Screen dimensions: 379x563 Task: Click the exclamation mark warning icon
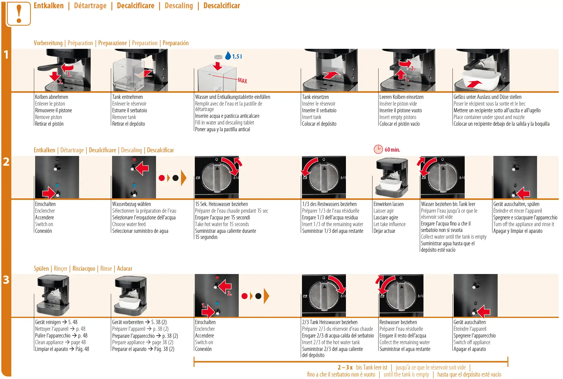pyautogui.click(x=19, y=14)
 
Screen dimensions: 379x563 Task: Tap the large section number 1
pyautogui.click(x=6, y=55)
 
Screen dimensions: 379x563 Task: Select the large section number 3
pyautogui.click(x=6, y=280)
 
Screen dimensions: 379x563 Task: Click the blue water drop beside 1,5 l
pyautogui.click(x=228, y=56)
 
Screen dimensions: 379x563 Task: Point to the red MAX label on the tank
pyautogui.click(x=242, y=81)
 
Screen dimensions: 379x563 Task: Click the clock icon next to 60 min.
pyautogui.click(x=378, y=149)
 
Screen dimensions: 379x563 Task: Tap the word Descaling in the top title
pyautogui.click(x=179, y=6)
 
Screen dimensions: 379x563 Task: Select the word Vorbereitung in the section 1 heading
pyautogui.click(x=48, y=43)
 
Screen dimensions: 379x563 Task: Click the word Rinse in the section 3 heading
pyautogui.click(x=106, y=269)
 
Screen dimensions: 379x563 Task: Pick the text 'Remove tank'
pyautogui.click(x=124, y=117)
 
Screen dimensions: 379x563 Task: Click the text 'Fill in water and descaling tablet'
pyautogui.click(x=224, y=123)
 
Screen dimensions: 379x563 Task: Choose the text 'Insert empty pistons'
pyautogui.click(x=398, y=117)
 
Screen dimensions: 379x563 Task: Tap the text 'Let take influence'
pyautogui.click(x=390, y=224)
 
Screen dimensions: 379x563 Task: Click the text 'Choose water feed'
pyautogui.click(x=129, y=224)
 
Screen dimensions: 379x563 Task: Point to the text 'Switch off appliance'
pyautogui.click(x=472, y=342)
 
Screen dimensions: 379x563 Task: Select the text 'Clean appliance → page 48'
pyautogui.click(x=60, y=342)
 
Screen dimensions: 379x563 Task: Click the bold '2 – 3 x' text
pyautogui.click(x=345, y=367)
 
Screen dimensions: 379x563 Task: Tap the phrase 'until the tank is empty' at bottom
pyautogui.click(x=406, y=374)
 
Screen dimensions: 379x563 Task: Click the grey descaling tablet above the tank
pyautogui.click(x=218, y=57)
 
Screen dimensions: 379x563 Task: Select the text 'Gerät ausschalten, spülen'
pyautogui.click(x=516, y=204)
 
